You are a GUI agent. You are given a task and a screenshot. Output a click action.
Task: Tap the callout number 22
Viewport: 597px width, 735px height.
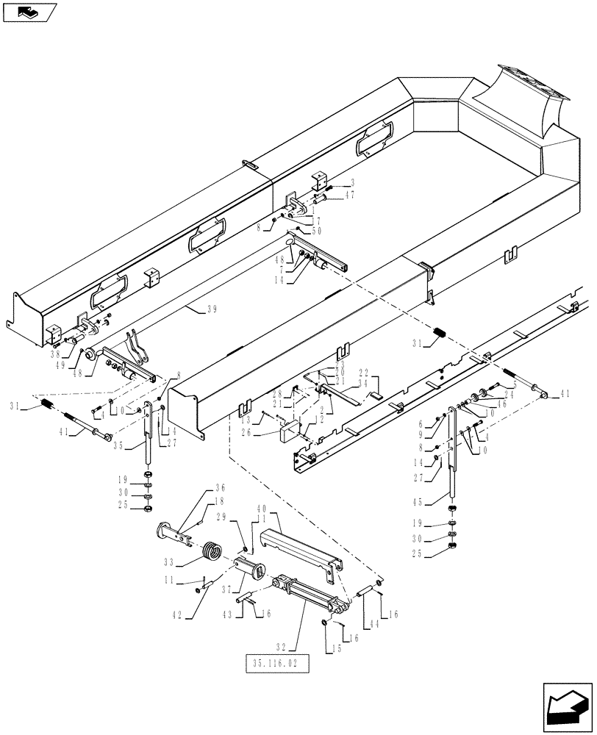click(362, 373)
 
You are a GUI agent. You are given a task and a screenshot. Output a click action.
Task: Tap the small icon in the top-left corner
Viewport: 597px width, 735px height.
click(29, 11)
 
